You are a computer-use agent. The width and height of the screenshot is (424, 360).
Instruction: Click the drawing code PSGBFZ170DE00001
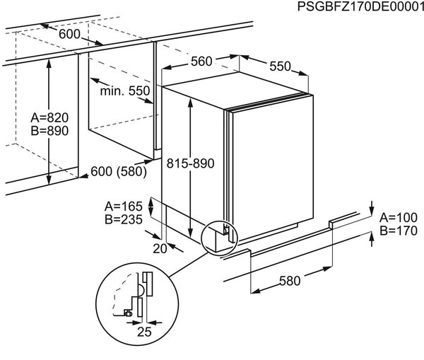point(360,6)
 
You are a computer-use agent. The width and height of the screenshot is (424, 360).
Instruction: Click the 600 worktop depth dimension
point(69,34)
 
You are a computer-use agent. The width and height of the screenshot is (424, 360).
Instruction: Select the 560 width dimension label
point(201,62)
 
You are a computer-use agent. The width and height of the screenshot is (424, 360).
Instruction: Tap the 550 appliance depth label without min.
point(280,66)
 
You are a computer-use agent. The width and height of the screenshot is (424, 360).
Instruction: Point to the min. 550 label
point(125,91)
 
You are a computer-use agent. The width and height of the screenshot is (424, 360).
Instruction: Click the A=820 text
point(49,117)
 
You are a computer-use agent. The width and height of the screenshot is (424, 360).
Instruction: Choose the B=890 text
point(49,131)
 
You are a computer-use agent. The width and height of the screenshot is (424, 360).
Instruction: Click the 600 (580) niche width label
point(119,172)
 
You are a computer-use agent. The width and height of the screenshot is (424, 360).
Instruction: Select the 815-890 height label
point(190,163)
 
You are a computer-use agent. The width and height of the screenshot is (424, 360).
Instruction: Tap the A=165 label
point(124,207)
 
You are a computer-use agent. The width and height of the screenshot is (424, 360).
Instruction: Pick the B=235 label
point(124,219)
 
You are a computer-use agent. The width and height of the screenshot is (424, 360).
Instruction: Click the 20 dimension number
point(160,249)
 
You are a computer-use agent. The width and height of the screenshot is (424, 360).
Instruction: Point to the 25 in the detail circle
point(144,332)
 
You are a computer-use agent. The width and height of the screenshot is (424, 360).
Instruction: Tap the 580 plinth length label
point(290,281)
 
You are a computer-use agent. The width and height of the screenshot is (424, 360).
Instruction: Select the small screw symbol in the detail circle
point(128,313)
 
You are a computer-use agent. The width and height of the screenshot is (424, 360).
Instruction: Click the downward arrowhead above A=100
point(372,211)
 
